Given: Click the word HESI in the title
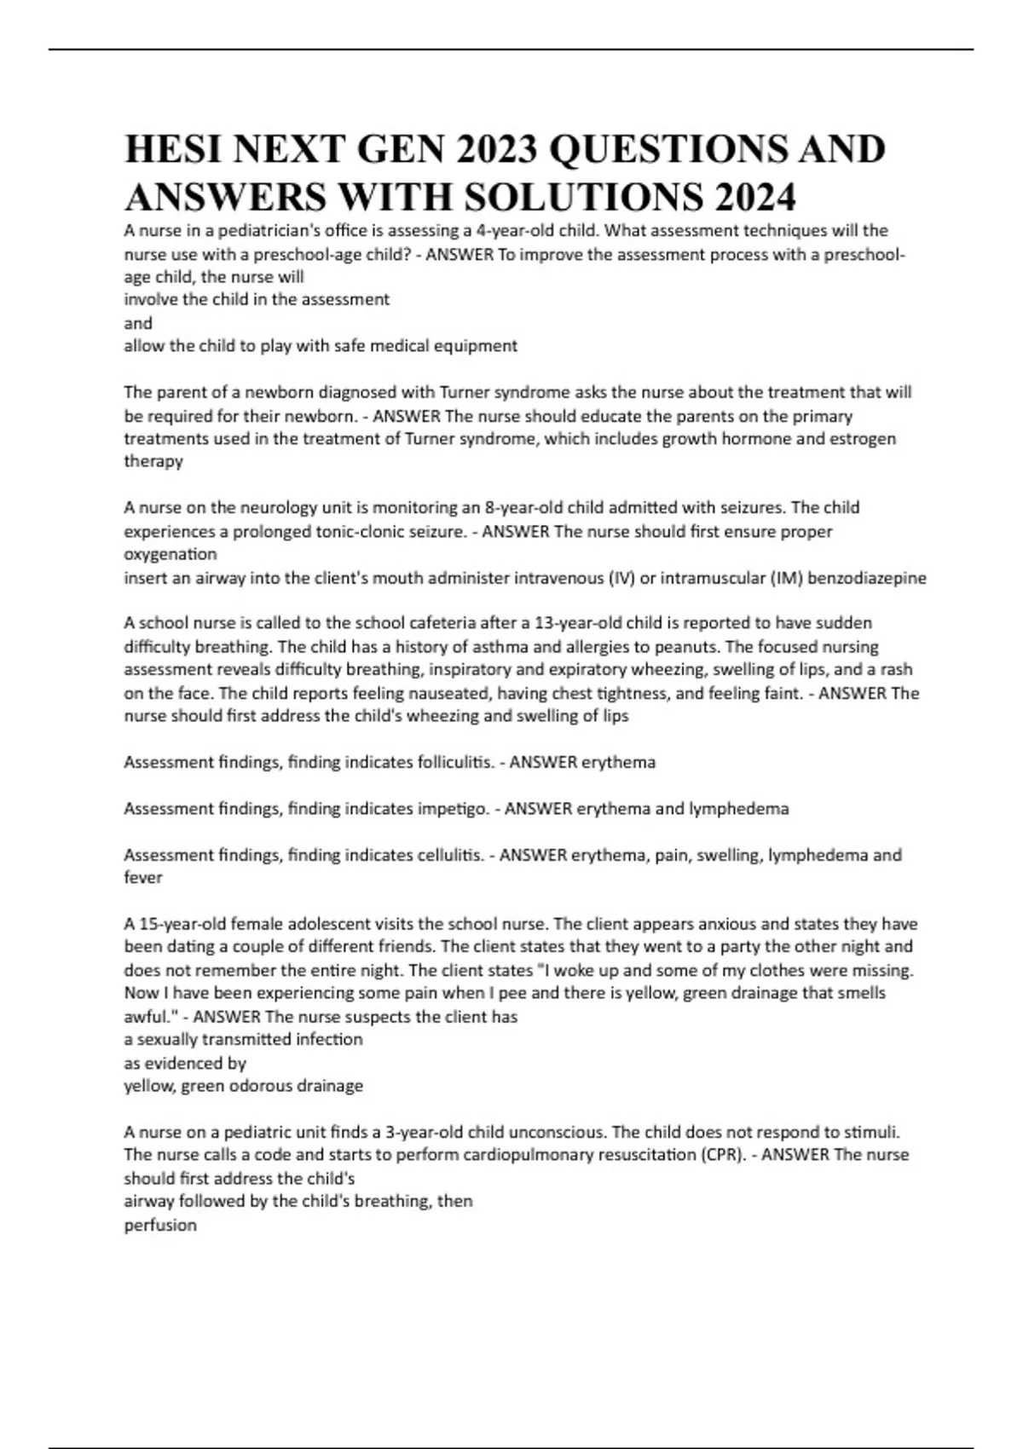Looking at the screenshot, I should tap(172, 150).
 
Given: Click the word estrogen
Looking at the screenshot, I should tap(862, 439).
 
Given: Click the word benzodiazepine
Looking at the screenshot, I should tap(866, 578).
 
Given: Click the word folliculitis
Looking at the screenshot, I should tap(455, 762).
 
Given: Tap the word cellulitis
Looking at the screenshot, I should tap(451, 855).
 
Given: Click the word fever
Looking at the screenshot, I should tap(143, 878).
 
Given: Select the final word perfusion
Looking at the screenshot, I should tap(160, 1226).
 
